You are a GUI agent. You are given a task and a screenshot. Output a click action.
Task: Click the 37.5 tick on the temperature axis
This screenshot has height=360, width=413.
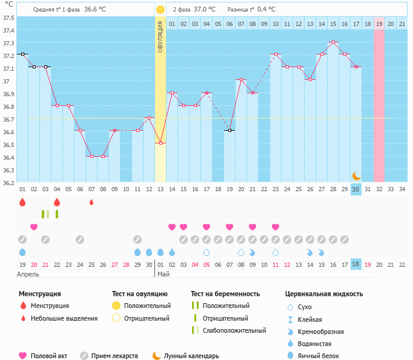click(x=8, y=18)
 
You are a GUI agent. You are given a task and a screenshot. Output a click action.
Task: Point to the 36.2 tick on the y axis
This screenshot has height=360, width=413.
click(x=8, y=183)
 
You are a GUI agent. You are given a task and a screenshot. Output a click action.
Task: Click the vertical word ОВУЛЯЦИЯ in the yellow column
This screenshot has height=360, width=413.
click(x=160, y=36)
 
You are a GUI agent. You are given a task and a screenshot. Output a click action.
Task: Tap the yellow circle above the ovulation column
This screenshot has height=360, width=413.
click(x=160, y=10)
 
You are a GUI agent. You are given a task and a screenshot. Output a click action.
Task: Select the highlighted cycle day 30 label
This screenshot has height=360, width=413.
click(x=356, y=189)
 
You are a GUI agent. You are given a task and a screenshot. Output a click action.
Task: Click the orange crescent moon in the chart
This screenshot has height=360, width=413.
click(x=357, y=175)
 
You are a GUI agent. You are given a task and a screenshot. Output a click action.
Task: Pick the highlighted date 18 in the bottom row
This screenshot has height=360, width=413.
click(x=356, y=264)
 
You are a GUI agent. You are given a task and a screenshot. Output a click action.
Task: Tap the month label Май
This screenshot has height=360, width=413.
click(x=164, y=274)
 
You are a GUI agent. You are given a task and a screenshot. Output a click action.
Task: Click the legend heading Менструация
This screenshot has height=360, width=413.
click(x=40, y=294)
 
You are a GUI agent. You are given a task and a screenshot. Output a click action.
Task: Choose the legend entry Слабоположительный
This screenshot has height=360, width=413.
click(x=234, y=330)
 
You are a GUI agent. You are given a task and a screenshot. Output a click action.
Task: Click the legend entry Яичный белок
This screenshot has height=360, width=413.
click(x=317, y=356)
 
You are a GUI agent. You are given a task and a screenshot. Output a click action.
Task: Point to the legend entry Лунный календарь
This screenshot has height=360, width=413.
click(x=190, y=356)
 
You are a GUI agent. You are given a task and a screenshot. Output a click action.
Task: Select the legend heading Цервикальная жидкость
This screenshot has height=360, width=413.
click(x=324, y=294)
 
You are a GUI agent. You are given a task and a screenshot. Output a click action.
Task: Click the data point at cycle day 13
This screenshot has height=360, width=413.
click(x=160, y=143)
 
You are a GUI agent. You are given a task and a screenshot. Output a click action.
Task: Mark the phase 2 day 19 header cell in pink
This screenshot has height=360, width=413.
click(x=379, y=24)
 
